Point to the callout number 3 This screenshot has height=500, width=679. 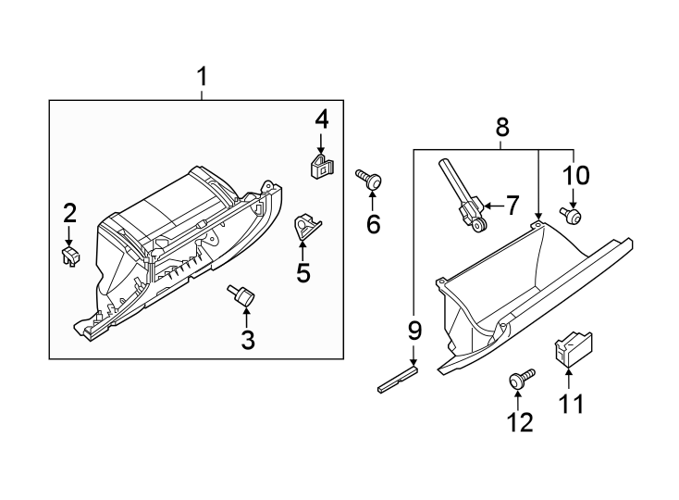tap(248, 340)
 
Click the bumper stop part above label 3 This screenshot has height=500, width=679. tap(243, 296)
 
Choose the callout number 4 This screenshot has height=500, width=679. tap(321, 119)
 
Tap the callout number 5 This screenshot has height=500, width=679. tap(302, 273)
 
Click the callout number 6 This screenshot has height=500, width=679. tap(373, 224)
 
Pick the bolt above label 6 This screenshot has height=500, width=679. tap(371, 180)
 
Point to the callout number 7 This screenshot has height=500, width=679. tap(515, 206)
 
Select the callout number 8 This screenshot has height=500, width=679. tap(502, 128)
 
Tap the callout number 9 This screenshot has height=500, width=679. tap(414, 331)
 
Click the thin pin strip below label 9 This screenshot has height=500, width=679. tap(398, 380)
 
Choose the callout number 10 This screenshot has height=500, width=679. tap(574, 174)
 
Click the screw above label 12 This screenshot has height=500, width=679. tap(521, 379)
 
